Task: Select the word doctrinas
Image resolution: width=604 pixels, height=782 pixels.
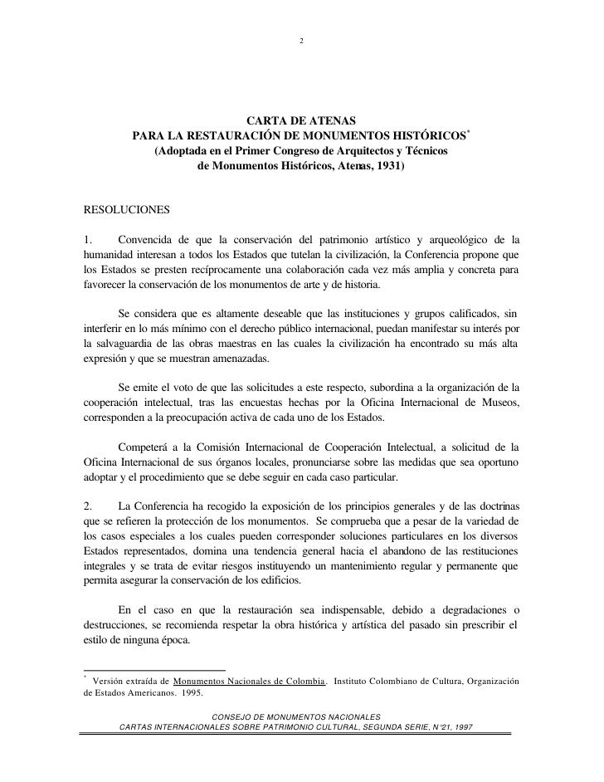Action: [x=494, y=506]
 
